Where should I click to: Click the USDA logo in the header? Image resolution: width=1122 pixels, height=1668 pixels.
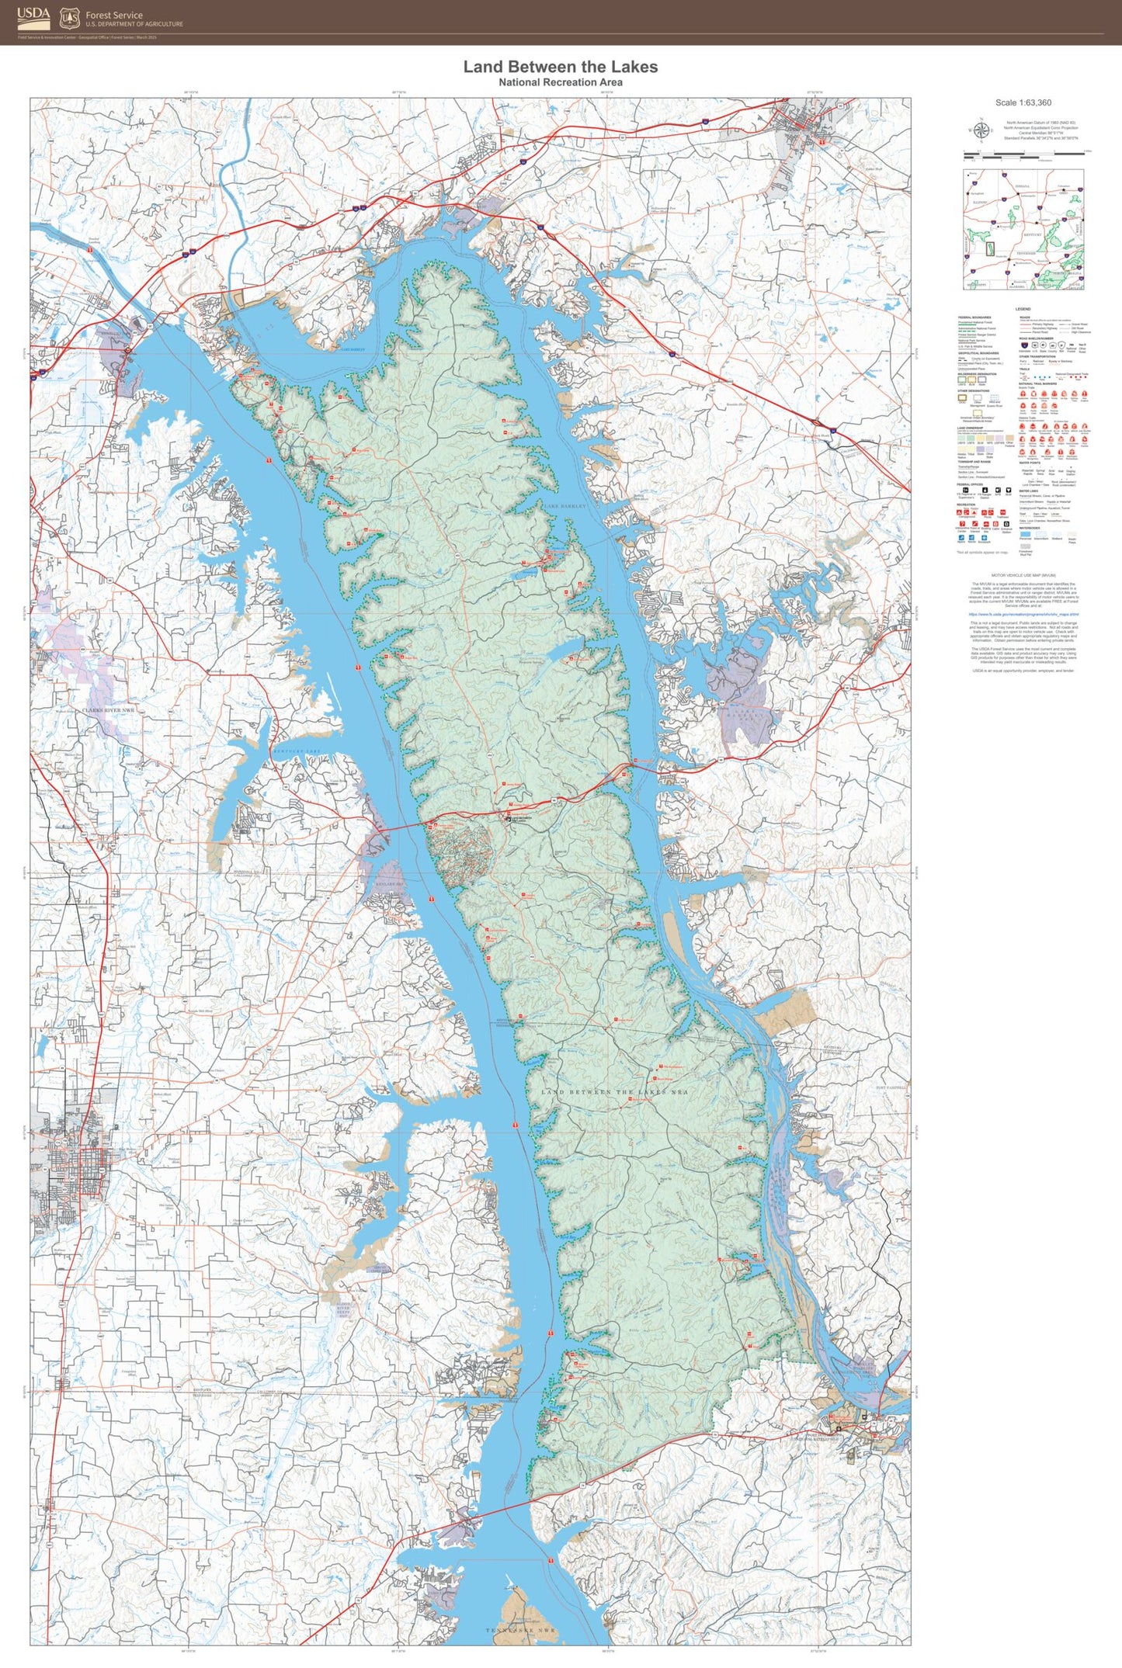click(33, 17)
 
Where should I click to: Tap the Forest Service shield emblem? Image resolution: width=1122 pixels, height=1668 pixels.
click(70, 17)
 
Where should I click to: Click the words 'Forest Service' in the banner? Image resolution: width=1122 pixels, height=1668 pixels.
click(114, 15)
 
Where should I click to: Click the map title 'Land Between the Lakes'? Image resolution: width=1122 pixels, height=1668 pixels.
click(560, 67)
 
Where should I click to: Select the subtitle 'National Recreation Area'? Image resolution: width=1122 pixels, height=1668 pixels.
click(560, 82)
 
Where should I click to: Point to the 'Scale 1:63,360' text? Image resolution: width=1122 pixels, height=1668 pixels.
click(1023, 102)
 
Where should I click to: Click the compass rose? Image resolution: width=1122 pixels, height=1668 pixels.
click(980, 130)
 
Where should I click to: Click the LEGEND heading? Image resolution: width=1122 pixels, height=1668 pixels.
click(1023, 309)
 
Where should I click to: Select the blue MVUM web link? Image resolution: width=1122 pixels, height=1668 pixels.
click(1023, 614)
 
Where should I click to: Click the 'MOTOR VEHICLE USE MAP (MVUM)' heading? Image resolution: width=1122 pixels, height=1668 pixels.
click(1023, 576)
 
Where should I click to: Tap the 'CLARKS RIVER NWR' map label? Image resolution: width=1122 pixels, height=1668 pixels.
click(108, 710)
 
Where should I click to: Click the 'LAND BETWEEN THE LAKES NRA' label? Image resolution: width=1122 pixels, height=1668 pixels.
click(614, 1092)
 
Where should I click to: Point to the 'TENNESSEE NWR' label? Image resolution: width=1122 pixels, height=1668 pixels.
click(520, 1630)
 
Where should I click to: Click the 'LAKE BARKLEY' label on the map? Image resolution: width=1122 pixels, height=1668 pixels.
click(564, 505)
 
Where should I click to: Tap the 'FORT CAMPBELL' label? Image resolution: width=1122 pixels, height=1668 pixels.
click(891, 1087)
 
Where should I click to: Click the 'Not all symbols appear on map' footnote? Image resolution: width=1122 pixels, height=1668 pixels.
click(981, 552)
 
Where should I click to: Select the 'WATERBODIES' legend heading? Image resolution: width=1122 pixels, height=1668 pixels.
click(1030, 528)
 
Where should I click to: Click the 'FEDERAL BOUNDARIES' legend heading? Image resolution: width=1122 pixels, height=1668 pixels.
click(974, 317)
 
